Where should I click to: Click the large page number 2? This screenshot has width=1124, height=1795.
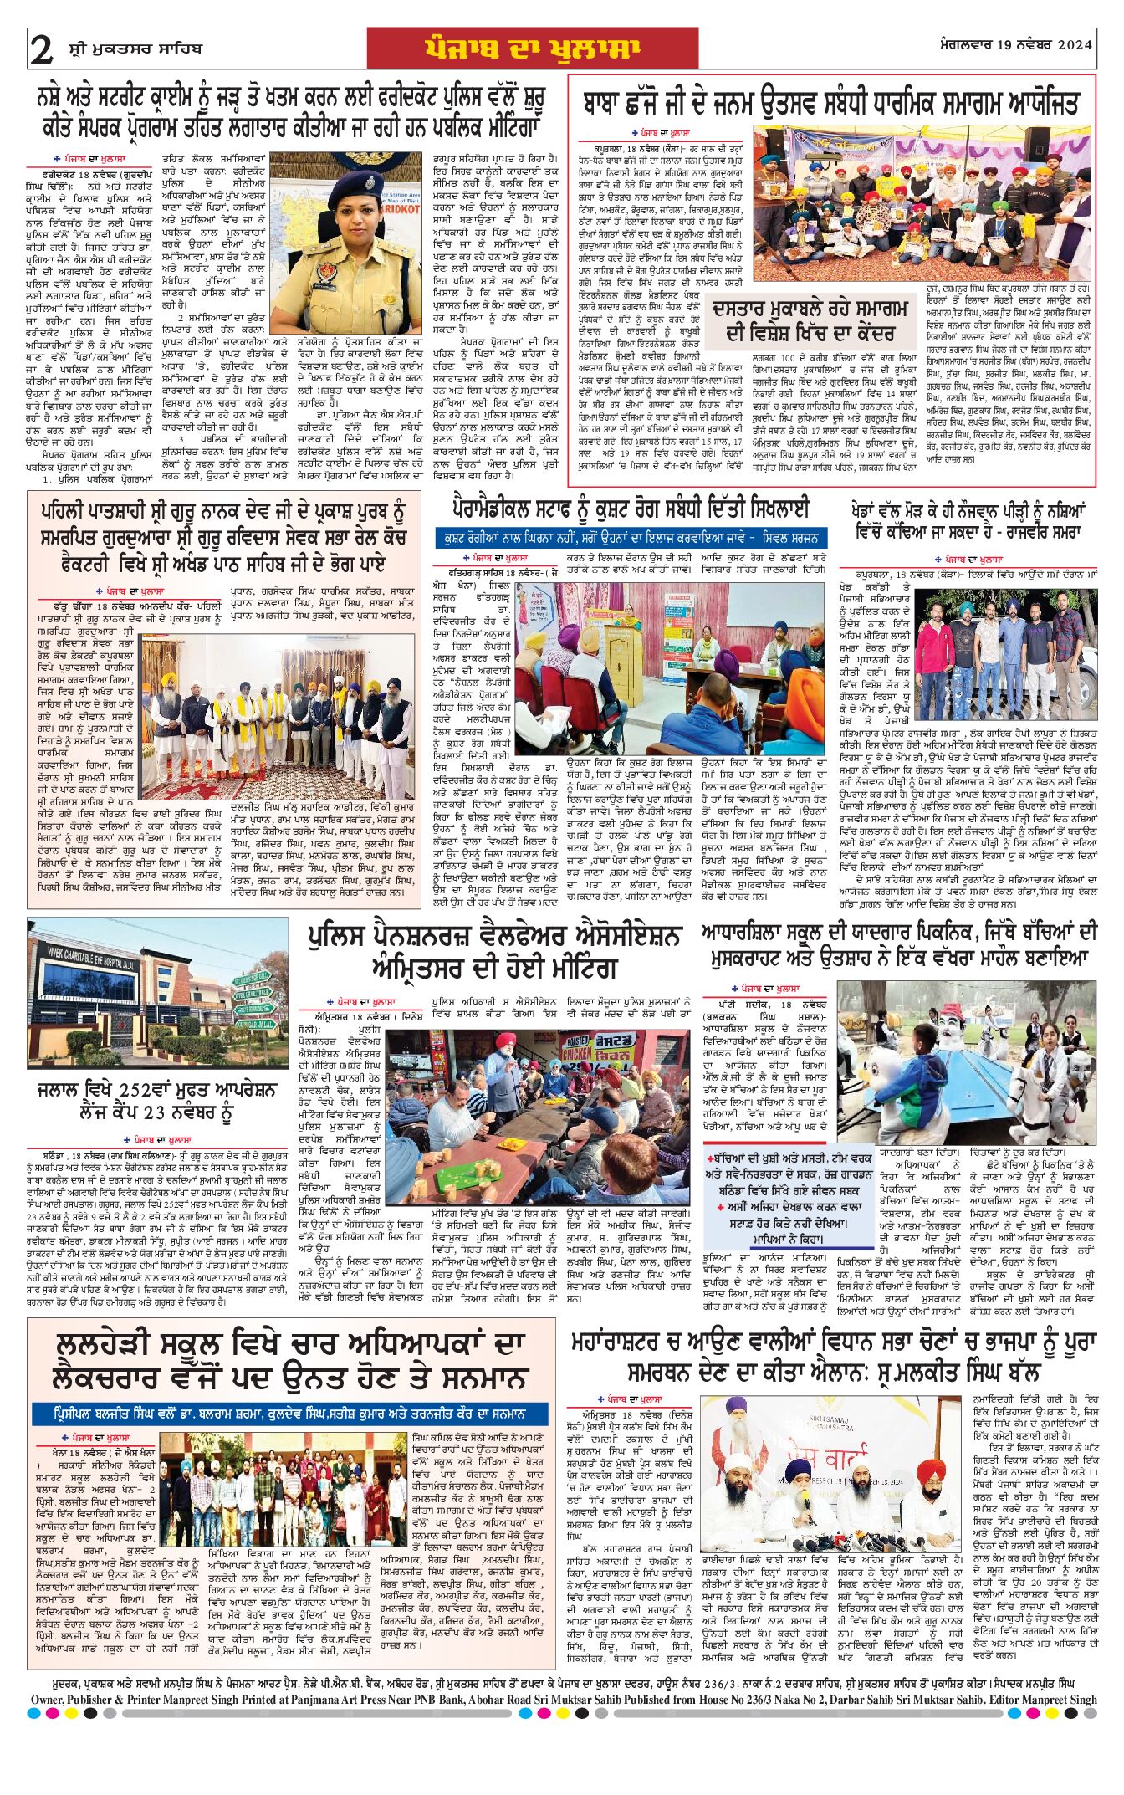pos(42,49)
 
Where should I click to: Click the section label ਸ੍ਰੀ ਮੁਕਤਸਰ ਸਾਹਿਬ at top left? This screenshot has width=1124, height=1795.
pos(135,49)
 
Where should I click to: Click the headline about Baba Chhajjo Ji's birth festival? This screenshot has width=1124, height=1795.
pos(830,103)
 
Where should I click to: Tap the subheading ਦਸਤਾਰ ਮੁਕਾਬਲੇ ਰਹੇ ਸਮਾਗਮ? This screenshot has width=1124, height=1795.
pos(810,320)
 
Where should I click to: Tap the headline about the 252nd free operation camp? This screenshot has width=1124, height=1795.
pos(156,1101)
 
